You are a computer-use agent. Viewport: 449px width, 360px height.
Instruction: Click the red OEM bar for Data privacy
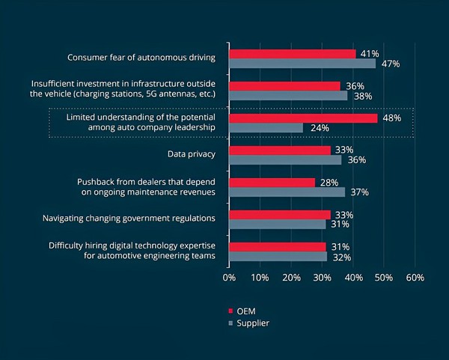[x=280, y=150]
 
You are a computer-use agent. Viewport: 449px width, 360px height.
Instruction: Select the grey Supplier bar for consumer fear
[x=302, y=64]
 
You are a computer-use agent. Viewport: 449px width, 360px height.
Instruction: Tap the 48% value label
[x=391, y=118]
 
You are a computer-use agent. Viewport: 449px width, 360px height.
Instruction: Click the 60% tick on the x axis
[x=415, y=278]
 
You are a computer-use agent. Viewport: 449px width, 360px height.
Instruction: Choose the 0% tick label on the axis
[x=229, y=278]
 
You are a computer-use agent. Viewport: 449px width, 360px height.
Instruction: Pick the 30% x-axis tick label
[x=322, y=278]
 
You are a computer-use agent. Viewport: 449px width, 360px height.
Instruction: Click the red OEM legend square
[x=230, y=310]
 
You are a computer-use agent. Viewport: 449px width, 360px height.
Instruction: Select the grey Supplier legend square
[x=230, y=323]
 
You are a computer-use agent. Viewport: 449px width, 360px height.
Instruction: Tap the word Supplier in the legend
[x=254, y=323]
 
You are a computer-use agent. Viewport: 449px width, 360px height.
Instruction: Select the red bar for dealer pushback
[x=272, y=183]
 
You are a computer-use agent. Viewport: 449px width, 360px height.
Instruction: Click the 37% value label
[x=360, y=192]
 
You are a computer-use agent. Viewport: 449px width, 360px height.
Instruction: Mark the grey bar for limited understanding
[x=266, y=128]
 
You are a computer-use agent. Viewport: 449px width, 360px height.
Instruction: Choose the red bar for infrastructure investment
[x=284, y=86]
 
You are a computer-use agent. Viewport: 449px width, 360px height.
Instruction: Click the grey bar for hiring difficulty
[x=278, y=256]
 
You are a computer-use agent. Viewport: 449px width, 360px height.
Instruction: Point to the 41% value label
[x=369, y=54]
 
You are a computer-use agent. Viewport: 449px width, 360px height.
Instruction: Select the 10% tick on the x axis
[x=260, y=278]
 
